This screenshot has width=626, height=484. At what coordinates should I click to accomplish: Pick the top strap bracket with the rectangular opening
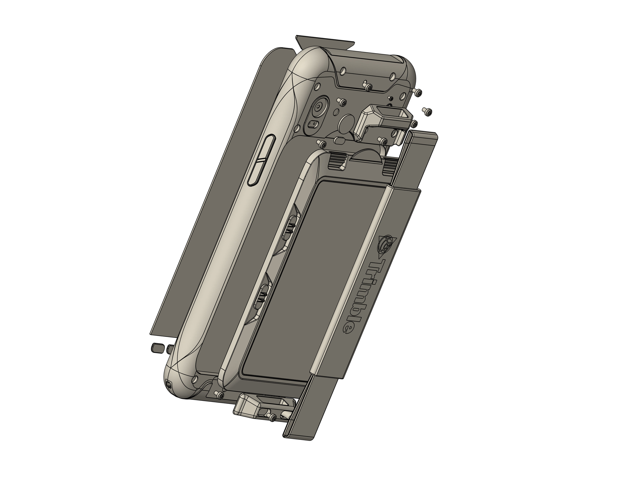tap(384, 120)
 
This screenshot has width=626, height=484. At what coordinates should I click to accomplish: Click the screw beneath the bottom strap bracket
tap(272, 418)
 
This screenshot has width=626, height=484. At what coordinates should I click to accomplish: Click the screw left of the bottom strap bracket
tap(220, 396)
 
